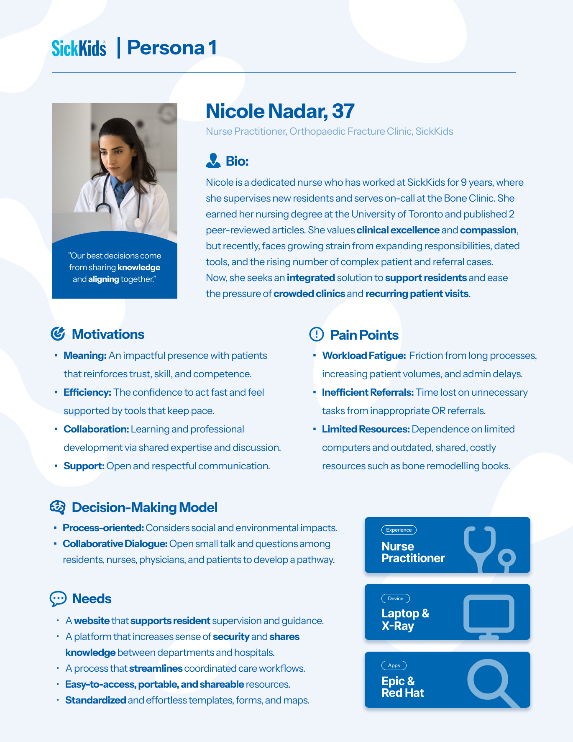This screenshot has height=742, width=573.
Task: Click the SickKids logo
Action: (79, 48)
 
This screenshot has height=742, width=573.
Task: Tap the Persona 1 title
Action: (171, 48)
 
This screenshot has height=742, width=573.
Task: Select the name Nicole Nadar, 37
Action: (280, 111)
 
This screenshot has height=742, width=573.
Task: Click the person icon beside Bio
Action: (213, 161)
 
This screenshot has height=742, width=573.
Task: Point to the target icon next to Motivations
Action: (58, 334)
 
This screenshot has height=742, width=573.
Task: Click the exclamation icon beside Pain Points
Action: (317, 334)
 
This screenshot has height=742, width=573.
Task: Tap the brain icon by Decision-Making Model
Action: (58, 507)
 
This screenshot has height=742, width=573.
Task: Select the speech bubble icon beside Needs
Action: (58, 599)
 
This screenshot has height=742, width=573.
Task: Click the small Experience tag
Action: (399, 530)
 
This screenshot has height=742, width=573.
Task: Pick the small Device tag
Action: (395, 599)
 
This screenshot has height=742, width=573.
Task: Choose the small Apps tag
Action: (394, 665)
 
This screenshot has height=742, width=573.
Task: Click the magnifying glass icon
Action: (490, 681)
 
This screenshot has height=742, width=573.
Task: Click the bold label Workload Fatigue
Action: (364, 356)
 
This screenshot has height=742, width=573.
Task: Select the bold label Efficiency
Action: (87, 392)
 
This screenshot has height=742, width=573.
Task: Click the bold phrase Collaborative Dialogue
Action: (115, 544)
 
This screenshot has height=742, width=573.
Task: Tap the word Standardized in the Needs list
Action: (95, 700)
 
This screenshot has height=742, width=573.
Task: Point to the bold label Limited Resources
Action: (366, 429)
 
